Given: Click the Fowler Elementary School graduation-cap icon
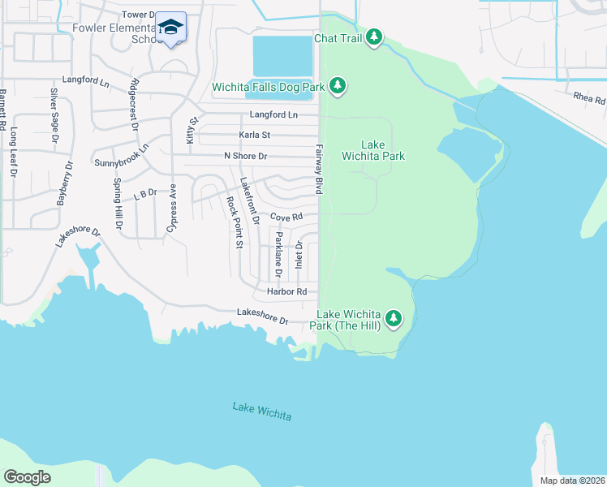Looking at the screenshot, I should (x=170, y=28).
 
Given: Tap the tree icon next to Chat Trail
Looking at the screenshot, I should (x=373, y=37).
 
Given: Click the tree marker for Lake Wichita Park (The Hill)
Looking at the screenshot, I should (x=394, y=318).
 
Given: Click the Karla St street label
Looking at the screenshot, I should (x=254, y=135).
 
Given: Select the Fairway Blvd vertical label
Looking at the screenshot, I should (x=319, y=169).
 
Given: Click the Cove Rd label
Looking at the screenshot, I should (x=286, y=218).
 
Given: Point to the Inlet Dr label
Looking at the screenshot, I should (x=299, y=255).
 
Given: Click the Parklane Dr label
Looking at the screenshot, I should (x=278, y=251).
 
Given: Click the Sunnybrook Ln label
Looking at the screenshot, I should (x=122, y=156).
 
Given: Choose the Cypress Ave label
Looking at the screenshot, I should (x=172, y=208).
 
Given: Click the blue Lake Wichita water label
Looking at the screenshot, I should (x=261, y=412).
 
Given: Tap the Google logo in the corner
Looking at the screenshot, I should (x=27, y=477).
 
